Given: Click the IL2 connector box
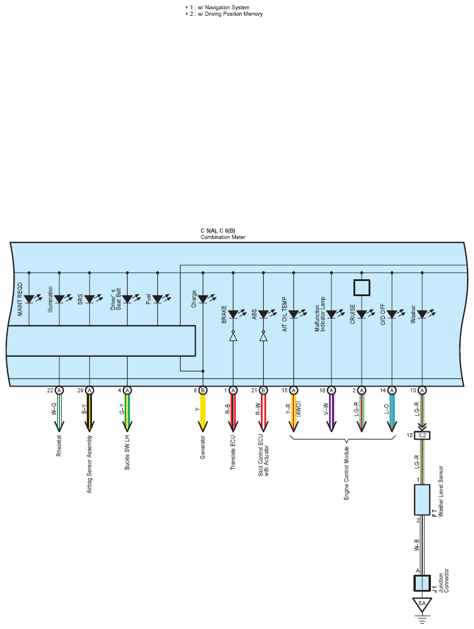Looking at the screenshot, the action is tap(422, 435).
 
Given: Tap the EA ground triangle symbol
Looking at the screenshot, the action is tap(422, 605).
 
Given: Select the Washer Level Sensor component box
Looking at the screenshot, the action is tap(422, 500).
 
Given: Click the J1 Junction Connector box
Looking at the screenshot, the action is tap(422, 584).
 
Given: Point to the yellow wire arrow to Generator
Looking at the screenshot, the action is tap(203, 413).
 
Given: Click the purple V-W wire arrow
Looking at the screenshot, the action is tap(331, 413).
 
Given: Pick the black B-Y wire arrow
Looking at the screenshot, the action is tap(89, 413).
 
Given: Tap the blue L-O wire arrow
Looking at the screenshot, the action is tap(392, 413).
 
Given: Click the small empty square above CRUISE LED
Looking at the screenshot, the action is tap(362, 287).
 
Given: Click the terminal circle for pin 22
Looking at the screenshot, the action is tap(59, 391).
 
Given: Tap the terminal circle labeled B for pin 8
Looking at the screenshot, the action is tap(203, 391).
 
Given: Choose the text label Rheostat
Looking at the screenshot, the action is tap(59, 445).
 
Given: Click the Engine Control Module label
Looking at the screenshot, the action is tap(346, 473).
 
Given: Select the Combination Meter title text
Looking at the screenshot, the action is tap(223, 237).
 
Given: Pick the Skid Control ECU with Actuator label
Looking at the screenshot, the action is tap(263, 455).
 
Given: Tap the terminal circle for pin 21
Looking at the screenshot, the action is tap(263, 391).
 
